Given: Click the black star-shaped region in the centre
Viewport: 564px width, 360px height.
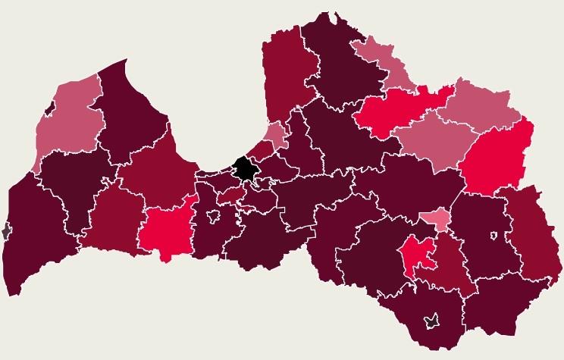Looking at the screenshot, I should (x=244, y=168).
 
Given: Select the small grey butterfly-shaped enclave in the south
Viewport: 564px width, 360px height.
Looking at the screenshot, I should (x=432, y=321).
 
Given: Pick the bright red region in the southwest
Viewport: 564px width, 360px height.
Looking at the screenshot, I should (x=164, y=229).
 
